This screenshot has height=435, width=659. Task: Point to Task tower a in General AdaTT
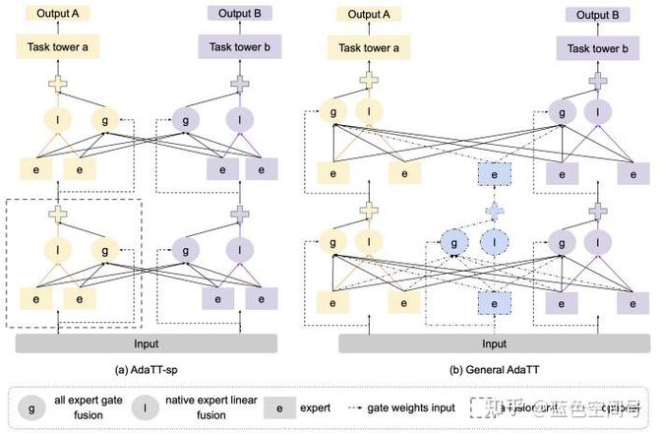tap(368, 46)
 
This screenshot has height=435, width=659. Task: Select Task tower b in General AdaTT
tap(594, 46)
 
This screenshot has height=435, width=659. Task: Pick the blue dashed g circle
tap(453, 242)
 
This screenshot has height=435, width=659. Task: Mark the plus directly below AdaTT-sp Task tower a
tap(59, 83)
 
